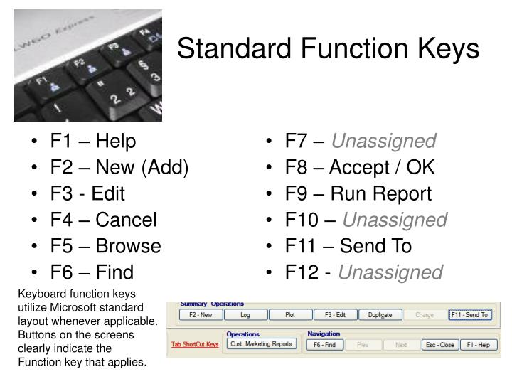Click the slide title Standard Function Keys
(x=328, y=49)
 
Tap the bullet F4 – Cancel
(x=103, y=220)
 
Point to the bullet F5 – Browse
(x=105, y=246)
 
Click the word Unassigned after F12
(x=390, y=272)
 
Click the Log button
(x=245, y=315)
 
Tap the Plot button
(x=290, y=315)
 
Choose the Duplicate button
(x=380, y=315)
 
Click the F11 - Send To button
(x=469, y=315)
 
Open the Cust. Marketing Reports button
(x=261, y=344)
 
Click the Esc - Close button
(x=438, y=345)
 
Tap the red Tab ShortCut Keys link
(x=195, y=345)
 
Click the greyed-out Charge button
(x=425, y=315)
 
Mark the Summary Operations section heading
(x=211, y=304)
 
